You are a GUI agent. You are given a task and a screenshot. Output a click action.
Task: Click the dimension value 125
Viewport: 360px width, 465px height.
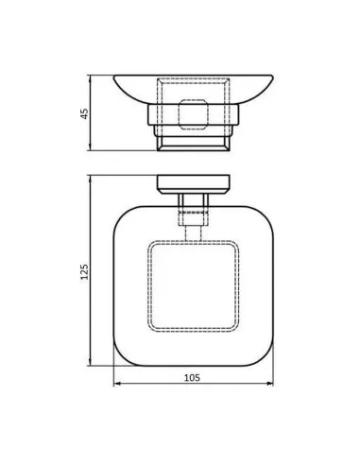click(x=83, y=271)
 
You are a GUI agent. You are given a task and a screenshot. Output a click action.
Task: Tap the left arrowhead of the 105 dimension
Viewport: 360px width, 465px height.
click(x=116, y=386)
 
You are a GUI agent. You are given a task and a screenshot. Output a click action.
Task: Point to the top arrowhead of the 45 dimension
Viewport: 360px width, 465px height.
click(x=91, y=76)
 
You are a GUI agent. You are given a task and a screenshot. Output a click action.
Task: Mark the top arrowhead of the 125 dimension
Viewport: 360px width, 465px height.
click(x=91, y=177)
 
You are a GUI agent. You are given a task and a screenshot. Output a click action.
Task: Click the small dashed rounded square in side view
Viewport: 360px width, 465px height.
click(x=193, y=120)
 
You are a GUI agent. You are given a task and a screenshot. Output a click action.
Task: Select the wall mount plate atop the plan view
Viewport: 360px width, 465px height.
click(x=192, y=183)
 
